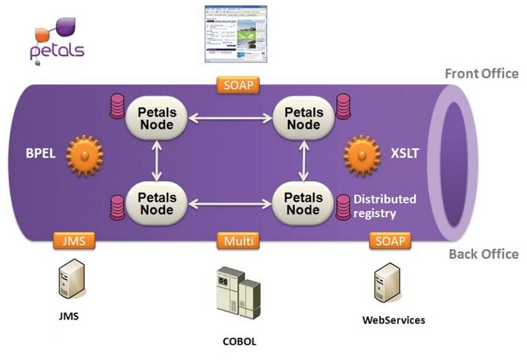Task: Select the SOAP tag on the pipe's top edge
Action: pos(238,85)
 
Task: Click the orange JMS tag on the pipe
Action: pos(74,240)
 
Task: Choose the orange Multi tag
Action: pos(238,240)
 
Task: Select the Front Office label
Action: pos(482,74)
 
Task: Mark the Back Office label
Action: pos(484,254)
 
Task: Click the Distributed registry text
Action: pos(385,205)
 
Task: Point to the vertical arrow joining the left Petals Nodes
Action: pos(157,161)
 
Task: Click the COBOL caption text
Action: pos(239,342)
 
